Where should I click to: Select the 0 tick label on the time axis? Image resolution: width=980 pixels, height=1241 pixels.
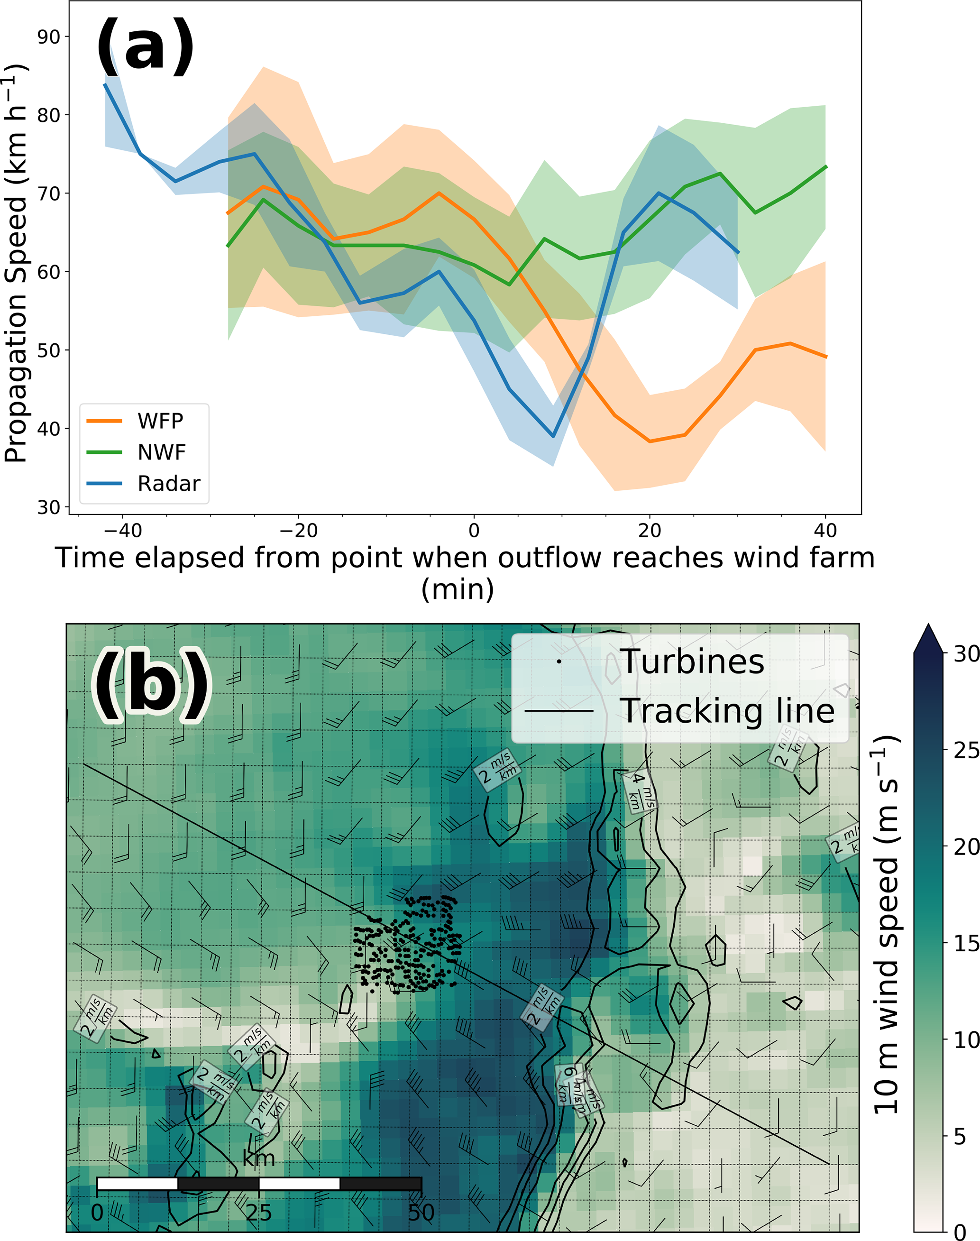click(x=474, y=531)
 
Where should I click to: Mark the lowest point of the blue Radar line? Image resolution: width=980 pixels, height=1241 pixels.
click(x=553, y=437)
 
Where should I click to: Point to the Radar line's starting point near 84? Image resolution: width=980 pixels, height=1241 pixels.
click(x=105, y=84)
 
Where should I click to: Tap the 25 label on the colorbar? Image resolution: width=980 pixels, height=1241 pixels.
click(x=966, y=750)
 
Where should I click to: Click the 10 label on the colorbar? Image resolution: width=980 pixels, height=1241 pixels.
click(x=966, y=1039)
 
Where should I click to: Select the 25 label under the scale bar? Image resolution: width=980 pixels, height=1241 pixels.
click(x=259, y=1213)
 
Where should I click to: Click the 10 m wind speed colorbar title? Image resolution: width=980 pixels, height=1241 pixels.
click(x=887, y=924)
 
